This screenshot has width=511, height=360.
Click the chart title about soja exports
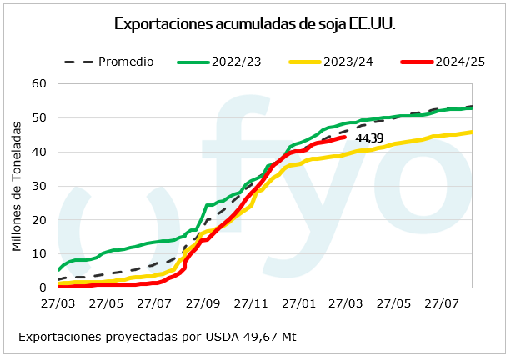tap(254, 24)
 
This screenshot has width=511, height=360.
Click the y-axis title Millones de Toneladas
tap(17, 185)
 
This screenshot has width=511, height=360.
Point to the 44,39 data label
tap(369, 138)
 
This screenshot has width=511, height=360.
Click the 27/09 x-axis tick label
tap(203, 304)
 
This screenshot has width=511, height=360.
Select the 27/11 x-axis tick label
tap(251, 304)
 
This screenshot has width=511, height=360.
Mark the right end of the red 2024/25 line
tap(344, 137)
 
